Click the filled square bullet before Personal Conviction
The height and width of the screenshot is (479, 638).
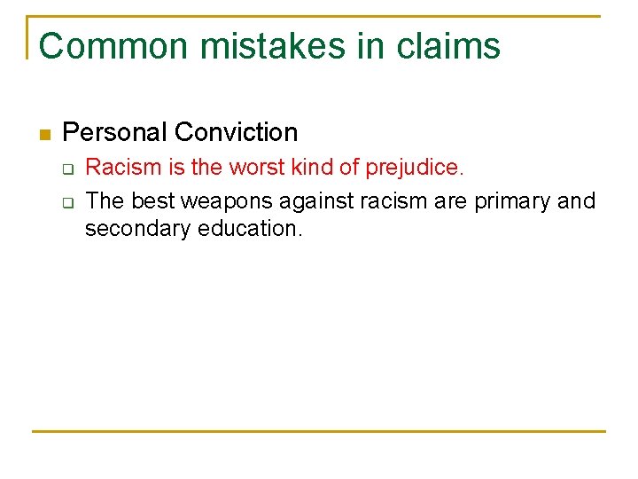point(44,135)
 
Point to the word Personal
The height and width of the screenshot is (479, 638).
point(115,132)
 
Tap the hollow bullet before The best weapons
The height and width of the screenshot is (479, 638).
point(66,202)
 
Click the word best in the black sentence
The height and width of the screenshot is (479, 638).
point(152,200)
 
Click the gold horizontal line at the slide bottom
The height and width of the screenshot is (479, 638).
point(319,431)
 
